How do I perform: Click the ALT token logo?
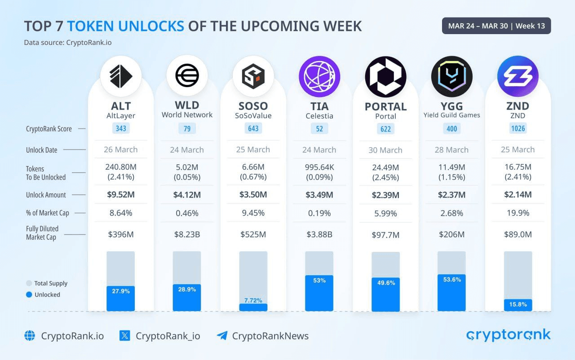click(120, 76)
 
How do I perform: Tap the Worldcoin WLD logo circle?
click(187, 76)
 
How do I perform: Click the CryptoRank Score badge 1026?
click(517, 128)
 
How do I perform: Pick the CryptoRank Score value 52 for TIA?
click(319, 129)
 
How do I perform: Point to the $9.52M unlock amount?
click(120, 195)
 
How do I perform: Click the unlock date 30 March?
click(385, 150)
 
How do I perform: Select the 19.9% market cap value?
click(517, 213)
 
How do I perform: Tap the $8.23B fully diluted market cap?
click(187, 234)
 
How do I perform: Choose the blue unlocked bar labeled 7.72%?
click(253, 307)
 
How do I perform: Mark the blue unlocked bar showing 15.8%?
click(517, 305)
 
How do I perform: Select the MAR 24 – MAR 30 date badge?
click(496, 26)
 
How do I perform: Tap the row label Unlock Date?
click(41, 150)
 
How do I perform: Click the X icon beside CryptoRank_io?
click(125, 335)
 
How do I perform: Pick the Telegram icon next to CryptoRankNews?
click(222, 335)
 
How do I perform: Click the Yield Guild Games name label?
click(451, 115)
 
